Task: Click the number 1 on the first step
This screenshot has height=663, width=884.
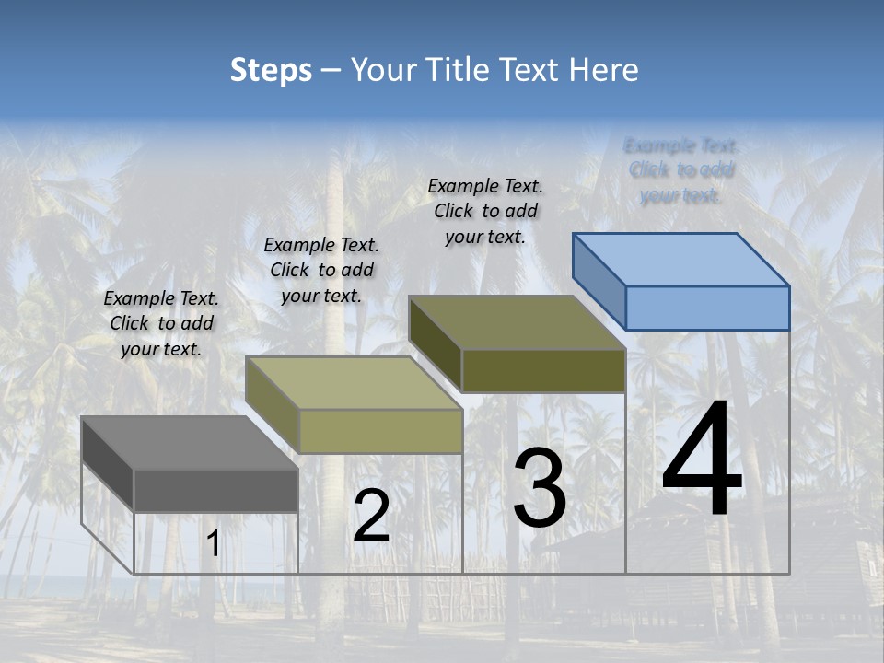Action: tap(213, 544)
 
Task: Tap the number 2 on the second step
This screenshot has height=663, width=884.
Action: tap(371, 516)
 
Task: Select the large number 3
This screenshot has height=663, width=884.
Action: tap(539, 488)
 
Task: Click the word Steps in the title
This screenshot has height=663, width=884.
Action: tap(271, 70)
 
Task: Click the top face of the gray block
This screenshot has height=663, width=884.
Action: tap(175, 442)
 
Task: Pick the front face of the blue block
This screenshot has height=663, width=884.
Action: tap(707, 308)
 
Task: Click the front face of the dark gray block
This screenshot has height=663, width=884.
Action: tap(215, 490)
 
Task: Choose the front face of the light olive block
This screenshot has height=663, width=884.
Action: tap(380, 431)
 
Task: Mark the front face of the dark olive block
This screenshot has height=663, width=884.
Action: tap(543, 370)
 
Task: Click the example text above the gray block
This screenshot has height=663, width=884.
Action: tap(161, 323)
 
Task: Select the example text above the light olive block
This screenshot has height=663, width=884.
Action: tap(321, 270)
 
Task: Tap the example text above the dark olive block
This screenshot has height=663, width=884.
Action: tap(485, 211)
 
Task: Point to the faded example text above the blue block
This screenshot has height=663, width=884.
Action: tap(681, 170)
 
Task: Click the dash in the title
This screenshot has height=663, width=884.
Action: tap(331, 70)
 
